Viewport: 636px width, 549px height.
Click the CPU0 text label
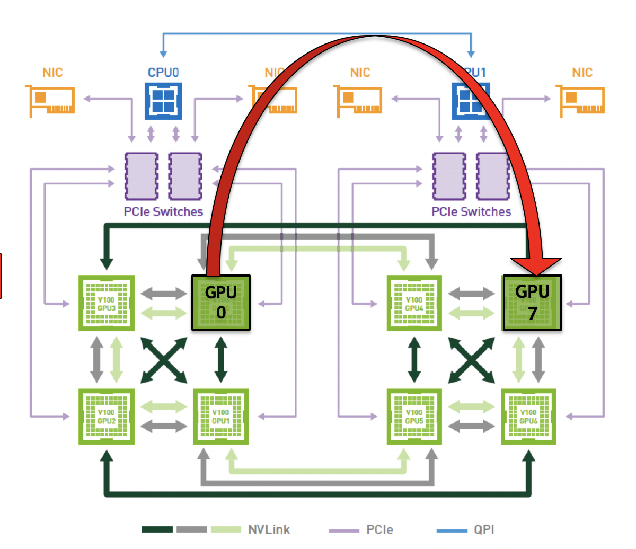pos(163,73)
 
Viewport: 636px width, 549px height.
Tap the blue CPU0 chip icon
pos(163,101)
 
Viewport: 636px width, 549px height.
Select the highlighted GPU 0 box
pos(220,303)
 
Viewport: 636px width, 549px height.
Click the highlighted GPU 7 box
pos(532,303)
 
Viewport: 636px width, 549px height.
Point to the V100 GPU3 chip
pos(106,303)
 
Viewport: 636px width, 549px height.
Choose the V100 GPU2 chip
pos(106,417)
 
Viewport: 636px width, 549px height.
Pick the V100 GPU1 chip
pos(220,417)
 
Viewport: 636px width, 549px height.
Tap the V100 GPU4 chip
pos(414,303)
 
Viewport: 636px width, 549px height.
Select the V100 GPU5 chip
pos(414,417)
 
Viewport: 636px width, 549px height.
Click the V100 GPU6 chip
pos(528,417)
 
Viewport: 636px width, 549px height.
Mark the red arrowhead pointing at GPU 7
pos(535,265)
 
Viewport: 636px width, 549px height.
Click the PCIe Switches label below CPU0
pos(163,212)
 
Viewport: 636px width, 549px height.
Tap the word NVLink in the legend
pos(269,529)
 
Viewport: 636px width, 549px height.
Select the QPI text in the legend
pos(484,529)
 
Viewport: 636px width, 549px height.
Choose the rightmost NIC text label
pos(582,73)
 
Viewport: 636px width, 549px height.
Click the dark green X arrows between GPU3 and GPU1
pos(164,360)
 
